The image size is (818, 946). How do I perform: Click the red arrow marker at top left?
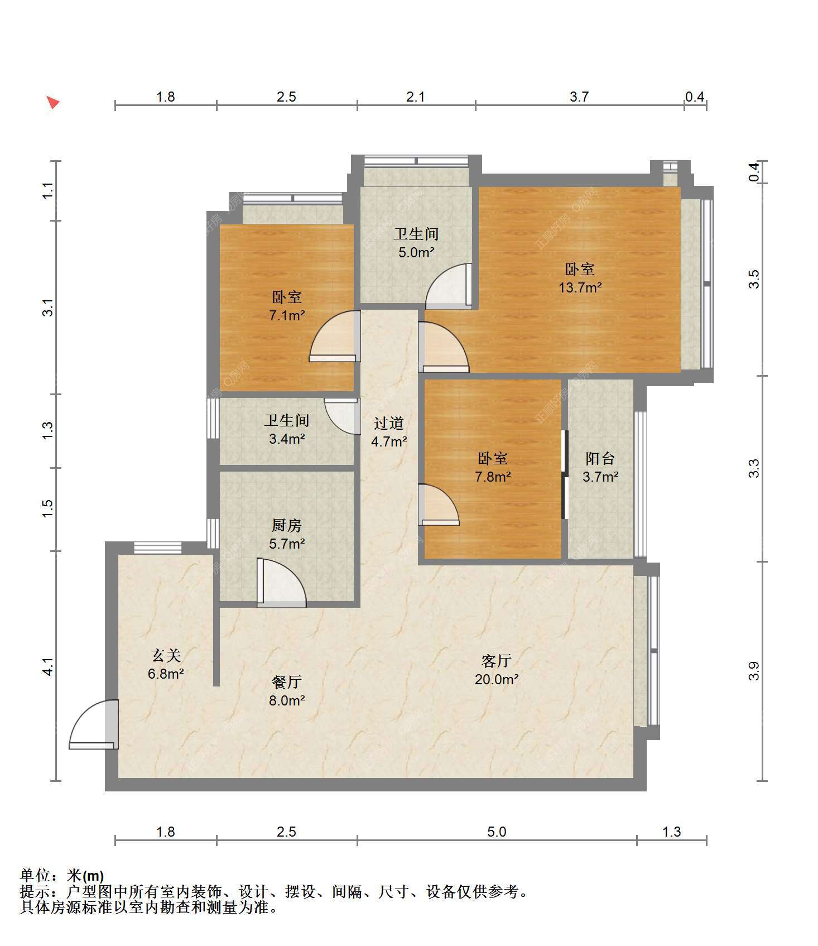53,103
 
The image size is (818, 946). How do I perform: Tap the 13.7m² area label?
580,288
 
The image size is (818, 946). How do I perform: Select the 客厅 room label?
497,661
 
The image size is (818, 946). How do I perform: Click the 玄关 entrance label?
166,655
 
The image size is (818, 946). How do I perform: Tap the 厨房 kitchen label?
287,525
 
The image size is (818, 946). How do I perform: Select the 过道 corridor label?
389,424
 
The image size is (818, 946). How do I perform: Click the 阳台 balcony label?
600,459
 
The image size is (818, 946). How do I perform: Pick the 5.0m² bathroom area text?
416,253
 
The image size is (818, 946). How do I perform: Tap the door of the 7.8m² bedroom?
439,505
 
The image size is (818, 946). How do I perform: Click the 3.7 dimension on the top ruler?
579,97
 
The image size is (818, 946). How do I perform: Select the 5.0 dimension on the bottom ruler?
497,832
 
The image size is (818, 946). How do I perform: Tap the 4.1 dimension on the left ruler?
49,667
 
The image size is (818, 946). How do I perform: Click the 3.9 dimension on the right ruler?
754,671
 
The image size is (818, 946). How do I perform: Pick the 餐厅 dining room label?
287,682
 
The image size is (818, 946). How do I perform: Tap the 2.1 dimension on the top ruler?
416,97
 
